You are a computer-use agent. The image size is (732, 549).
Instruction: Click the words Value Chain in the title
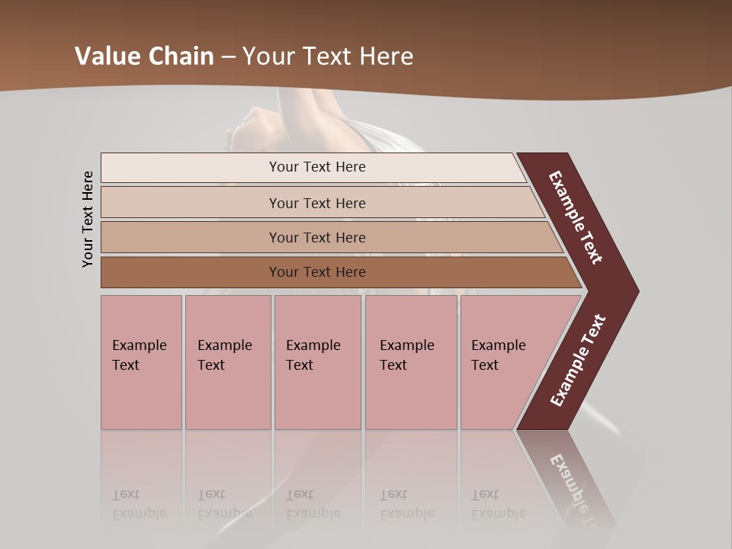[144, 56]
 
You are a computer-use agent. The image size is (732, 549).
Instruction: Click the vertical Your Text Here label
[88, 220]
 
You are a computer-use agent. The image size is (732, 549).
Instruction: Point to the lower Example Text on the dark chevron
[578, 361]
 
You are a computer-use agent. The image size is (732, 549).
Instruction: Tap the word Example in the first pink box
[139, 345]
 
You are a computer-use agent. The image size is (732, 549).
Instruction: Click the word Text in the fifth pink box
[484, 365]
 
